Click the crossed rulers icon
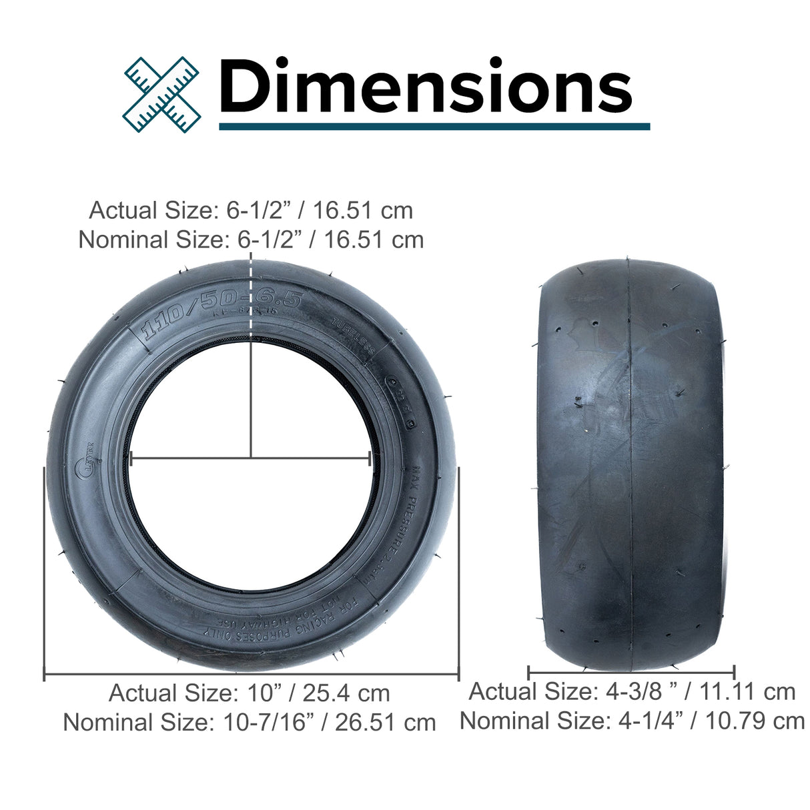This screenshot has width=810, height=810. tap(162, 93)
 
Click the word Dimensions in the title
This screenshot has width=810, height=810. tap(425, 87)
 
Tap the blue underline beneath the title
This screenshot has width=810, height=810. tap(434, 126)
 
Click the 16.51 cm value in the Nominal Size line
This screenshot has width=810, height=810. tap(374, 240)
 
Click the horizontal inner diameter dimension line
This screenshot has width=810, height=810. tap(250, 458)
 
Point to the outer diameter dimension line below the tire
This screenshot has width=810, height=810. tap(251, 675)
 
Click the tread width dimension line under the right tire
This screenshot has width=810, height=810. tap(631, 672)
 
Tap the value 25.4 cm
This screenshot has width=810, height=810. tap(346, 693)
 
